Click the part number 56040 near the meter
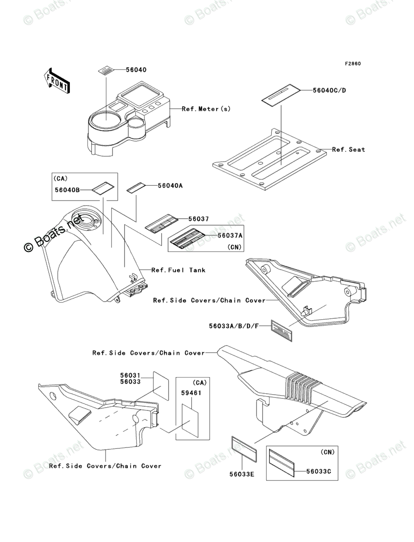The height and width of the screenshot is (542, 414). pyautogui.click(x=136, y=70)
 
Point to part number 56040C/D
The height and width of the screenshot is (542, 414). pyautogui.click(x=329, y=90)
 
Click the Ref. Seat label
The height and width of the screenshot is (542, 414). pyautogui.click(x=348, y=150)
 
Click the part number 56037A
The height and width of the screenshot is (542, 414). pyautogui.click(x=230, y=235)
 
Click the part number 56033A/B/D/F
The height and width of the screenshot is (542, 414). pyautogui.click(x=233, y=326)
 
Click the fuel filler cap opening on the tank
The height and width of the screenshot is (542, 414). pyautogui.click(x=85, y=219)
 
